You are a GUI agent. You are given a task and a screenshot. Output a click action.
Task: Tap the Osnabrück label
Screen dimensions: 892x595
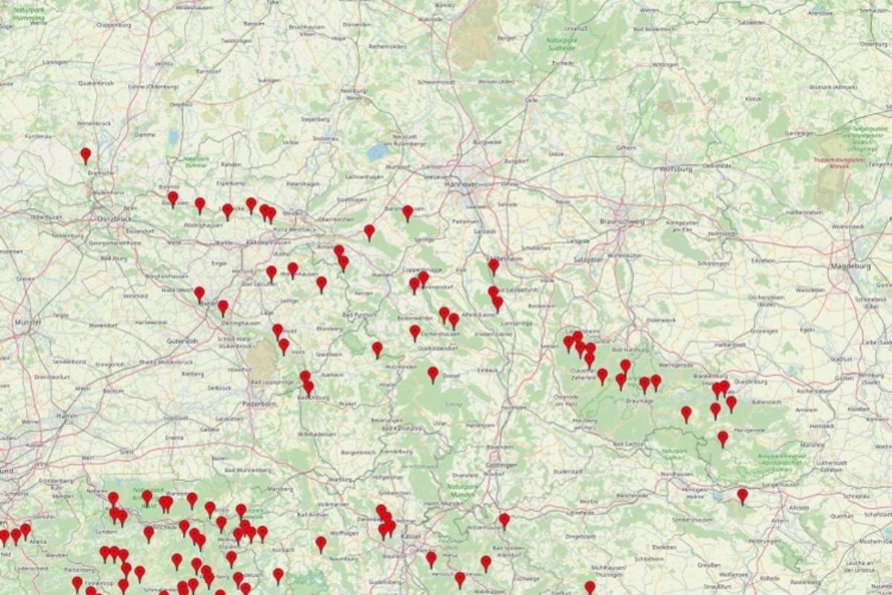tap(113, 218)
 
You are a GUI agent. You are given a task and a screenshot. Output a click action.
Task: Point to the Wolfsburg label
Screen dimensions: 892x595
tap(676, 169)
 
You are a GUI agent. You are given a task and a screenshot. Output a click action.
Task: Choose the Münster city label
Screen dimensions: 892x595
tap(28, 323)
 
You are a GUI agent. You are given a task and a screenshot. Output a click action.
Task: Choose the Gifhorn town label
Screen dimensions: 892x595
tap(626, 147)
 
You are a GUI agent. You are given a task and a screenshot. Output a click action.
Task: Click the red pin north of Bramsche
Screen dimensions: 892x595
tap(85, 154)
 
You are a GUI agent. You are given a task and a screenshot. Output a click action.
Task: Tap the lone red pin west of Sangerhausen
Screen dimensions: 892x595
tap(742, 495)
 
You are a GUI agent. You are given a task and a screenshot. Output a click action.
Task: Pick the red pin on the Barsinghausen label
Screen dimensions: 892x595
tap(407, 212)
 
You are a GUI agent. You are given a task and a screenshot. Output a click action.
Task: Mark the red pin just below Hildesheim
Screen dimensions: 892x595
tap(494, 265)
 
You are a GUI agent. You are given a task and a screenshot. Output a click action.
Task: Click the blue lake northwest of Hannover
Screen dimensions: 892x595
tap(377, 152)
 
